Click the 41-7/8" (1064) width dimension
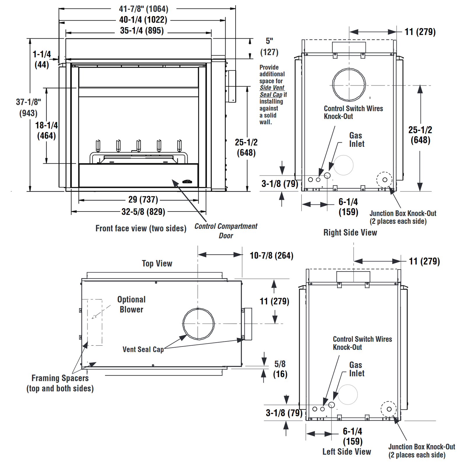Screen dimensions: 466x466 [x=144, y=9]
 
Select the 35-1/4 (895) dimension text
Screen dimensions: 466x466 [x=142, y=31]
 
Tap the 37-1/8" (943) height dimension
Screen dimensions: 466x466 [x=28, y=107]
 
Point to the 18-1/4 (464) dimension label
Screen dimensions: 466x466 [x=47, y=130]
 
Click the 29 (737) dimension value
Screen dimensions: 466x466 [x=143, y=200]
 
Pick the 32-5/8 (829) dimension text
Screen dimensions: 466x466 [x=143, y=212]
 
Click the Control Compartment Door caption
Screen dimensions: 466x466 [x=226, y=231]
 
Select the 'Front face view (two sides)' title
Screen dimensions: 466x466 [x=141, y=228]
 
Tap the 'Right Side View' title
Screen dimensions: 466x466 [x=350, y=232]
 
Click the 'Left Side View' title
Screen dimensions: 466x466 [x=347, y=452]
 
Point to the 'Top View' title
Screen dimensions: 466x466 [x=157, y=264]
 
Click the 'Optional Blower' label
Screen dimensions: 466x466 [x=131, y=304]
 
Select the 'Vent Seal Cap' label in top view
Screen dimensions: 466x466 [x=143, y=349]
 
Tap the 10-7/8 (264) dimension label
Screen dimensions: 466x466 [x=271, y=256]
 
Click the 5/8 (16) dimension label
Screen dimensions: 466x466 [x=280, y=369]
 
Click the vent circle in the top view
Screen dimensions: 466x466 [x=199, y=324]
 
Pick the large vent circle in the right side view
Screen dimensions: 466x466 [x=349, y=85]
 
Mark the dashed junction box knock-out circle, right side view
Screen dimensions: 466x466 [x=384, y=180]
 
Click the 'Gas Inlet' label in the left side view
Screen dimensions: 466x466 [x=356, y=369]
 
